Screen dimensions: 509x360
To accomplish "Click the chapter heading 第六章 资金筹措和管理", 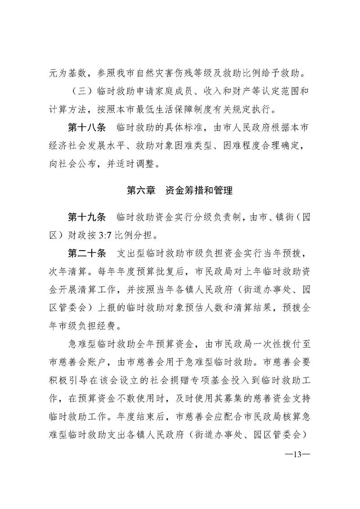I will coord(180,191).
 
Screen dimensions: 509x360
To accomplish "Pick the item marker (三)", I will coord(81,91).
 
